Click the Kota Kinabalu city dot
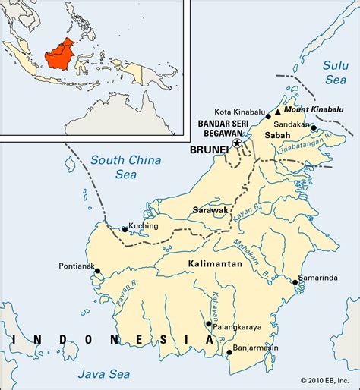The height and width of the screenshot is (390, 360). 268,109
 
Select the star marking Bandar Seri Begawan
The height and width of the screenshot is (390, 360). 237,143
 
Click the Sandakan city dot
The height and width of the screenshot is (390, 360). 312,127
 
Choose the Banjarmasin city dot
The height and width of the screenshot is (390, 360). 229,351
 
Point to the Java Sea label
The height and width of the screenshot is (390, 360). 103,373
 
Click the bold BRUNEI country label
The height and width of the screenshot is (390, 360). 210,150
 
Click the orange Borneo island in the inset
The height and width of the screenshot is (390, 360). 62,53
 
